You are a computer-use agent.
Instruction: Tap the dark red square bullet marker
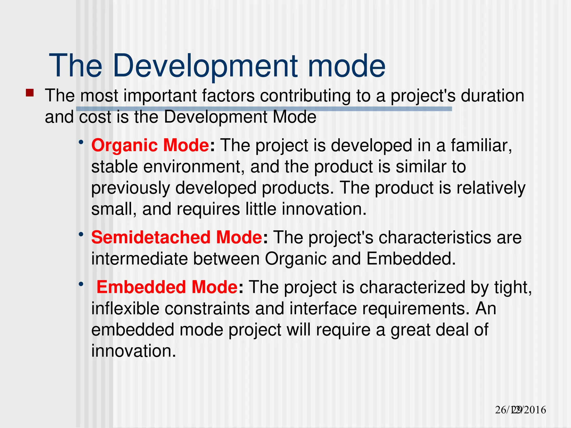coord(30,93)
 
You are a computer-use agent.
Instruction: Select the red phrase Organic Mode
coord(150,145)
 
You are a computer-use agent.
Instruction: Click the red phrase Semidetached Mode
coord(176,237)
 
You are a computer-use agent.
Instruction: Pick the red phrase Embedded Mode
coord(167,287)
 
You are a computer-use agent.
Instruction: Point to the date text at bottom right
coord(520,410)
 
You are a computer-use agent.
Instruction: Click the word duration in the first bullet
coord(492,96)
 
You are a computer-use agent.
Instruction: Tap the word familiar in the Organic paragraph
coord(481,145)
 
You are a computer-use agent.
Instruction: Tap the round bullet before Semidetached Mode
coord(81,234)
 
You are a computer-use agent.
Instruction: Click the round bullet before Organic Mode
coord(81,142)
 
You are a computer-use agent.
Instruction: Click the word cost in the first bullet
coord(95,117)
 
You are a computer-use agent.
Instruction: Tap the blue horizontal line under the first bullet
coord(264,109)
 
